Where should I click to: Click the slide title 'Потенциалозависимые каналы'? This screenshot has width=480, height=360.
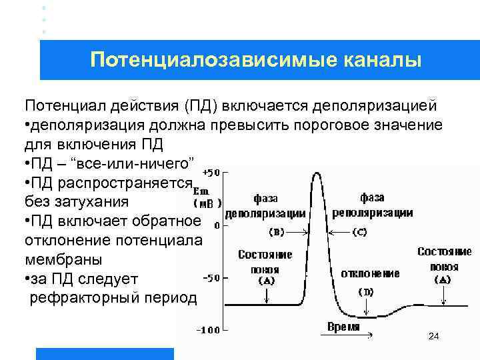pos(256,60)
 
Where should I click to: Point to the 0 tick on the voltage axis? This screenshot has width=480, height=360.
pos(217,224)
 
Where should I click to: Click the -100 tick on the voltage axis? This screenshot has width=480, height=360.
pos(209,329)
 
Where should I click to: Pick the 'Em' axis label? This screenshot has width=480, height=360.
pos(200,189)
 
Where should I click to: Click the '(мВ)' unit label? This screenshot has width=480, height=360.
pos(207,203)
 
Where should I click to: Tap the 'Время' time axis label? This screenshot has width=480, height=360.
pos(344,327)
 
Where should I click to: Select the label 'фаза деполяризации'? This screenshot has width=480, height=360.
pos(265,206)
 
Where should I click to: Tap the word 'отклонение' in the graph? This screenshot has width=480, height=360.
pos(370,273)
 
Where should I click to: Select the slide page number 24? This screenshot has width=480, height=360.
pos(433,337)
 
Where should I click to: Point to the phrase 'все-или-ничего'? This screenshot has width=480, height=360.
pos(118,163)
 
